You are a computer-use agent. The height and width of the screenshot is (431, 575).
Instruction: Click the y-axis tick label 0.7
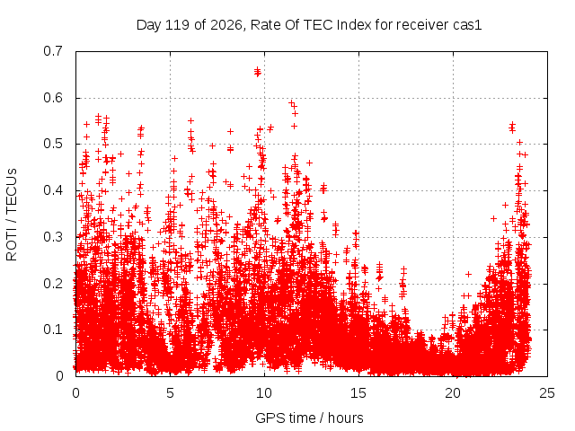(53, 51)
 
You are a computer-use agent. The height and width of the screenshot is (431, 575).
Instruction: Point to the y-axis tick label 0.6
(53, 98)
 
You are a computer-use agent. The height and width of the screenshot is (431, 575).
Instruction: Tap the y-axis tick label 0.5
(53, 144)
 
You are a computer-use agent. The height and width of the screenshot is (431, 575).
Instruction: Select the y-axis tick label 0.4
(53, 190)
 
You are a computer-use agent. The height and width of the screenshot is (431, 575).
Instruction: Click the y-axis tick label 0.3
(53, 237)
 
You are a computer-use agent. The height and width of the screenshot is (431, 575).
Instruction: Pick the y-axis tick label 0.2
(53, 284)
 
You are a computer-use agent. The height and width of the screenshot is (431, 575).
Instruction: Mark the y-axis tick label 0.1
(53, 330)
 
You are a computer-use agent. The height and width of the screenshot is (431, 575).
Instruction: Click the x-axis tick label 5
(170, 393)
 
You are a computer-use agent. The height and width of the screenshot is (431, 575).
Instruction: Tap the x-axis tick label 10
(264, 393)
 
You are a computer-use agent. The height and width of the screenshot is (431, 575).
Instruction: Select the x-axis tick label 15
(358, 393)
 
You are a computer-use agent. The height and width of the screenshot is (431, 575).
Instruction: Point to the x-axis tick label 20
(453, 393)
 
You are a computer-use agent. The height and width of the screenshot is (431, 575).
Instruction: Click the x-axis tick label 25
(547, 393)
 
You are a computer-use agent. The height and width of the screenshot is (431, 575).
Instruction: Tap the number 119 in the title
(178, 25)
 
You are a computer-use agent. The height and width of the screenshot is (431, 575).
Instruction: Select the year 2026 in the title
(226, 25)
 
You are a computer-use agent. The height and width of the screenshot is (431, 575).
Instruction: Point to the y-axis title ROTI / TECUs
(12, 215)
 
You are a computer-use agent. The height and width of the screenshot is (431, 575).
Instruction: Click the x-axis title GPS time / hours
(309, 418)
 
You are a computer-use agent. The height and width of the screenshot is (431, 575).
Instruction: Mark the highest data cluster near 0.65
(258, 72)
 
